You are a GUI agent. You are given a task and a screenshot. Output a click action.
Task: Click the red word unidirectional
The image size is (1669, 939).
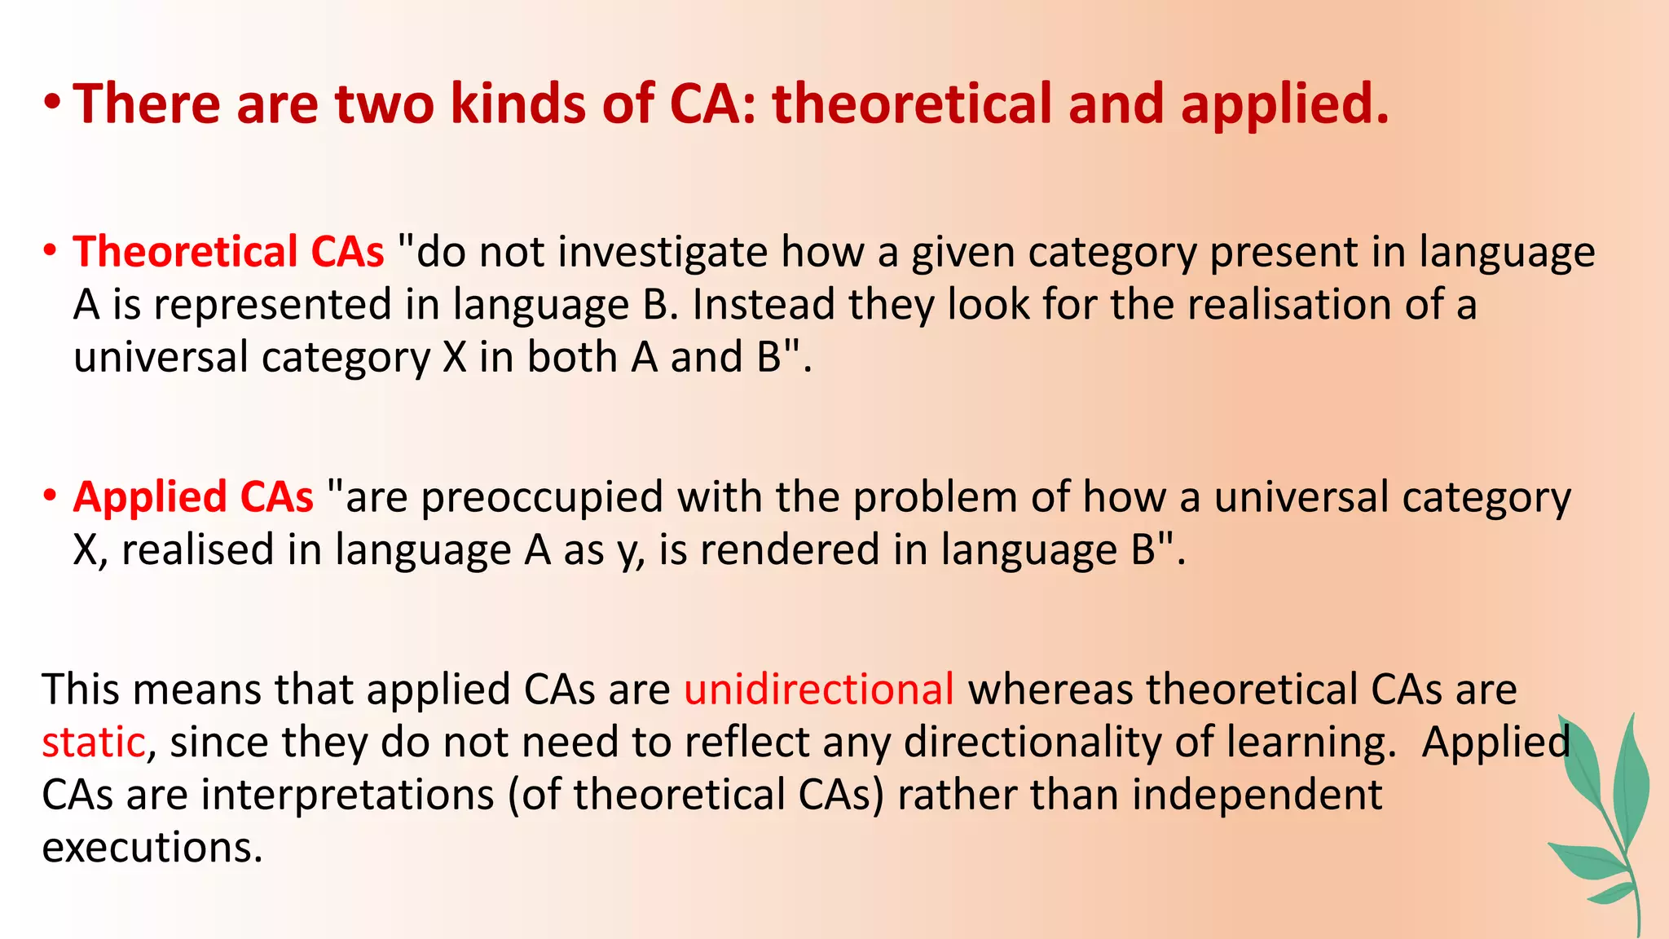pos(818,690)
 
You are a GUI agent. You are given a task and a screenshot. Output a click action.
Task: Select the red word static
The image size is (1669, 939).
pos(93,743)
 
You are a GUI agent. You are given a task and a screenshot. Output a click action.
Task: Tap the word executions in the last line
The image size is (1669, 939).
pos(152,848)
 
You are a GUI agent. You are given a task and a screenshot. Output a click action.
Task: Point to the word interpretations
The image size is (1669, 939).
pos(347,795)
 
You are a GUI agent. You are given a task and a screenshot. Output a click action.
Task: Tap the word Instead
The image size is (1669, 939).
pos(764,305)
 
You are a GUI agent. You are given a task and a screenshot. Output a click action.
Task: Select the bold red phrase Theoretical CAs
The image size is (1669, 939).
pos(228,252)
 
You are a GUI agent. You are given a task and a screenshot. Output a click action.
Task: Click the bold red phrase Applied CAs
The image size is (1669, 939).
pos(193,498)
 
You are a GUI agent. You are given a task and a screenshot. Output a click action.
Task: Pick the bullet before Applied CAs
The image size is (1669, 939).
pos(51,496)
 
